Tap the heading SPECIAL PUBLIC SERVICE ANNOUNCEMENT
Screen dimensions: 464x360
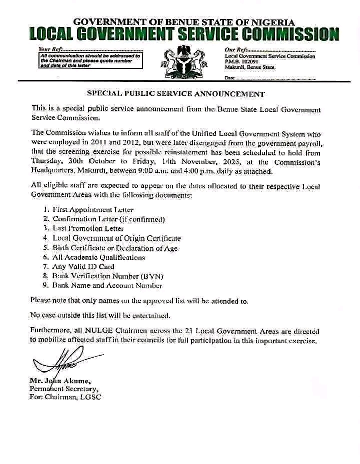(x=176, y=93)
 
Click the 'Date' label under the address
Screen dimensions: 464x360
(x=229, y=78)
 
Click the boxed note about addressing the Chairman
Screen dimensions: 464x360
(x=90, y=60)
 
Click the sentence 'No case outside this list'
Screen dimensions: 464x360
(x=99, y=315)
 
